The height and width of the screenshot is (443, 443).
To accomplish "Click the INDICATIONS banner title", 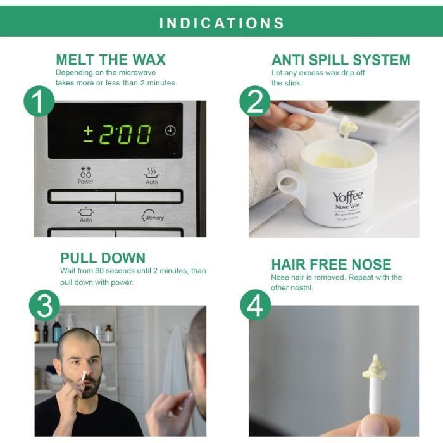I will (221, 23).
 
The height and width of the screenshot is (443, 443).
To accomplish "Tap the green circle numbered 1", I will (39, 101).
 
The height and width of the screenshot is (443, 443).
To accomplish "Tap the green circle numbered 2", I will (255, 101).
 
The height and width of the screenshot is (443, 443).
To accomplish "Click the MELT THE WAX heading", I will (111, 60).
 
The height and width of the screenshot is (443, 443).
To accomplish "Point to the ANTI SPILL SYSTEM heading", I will (340, 60).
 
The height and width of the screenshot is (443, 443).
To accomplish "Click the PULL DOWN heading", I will (103, 258).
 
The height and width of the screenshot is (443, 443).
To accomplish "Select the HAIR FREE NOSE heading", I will (331, 265).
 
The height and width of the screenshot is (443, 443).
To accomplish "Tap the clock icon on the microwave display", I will (170, 131).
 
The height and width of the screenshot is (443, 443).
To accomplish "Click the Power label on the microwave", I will (85, 181).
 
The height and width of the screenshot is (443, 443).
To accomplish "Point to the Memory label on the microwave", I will (154, 217).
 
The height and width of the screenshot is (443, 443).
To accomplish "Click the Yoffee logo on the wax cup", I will (347, 197).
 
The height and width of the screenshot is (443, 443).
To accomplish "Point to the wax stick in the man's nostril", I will (84, 376).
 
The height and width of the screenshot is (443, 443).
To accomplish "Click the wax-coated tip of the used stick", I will (374, 367).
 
